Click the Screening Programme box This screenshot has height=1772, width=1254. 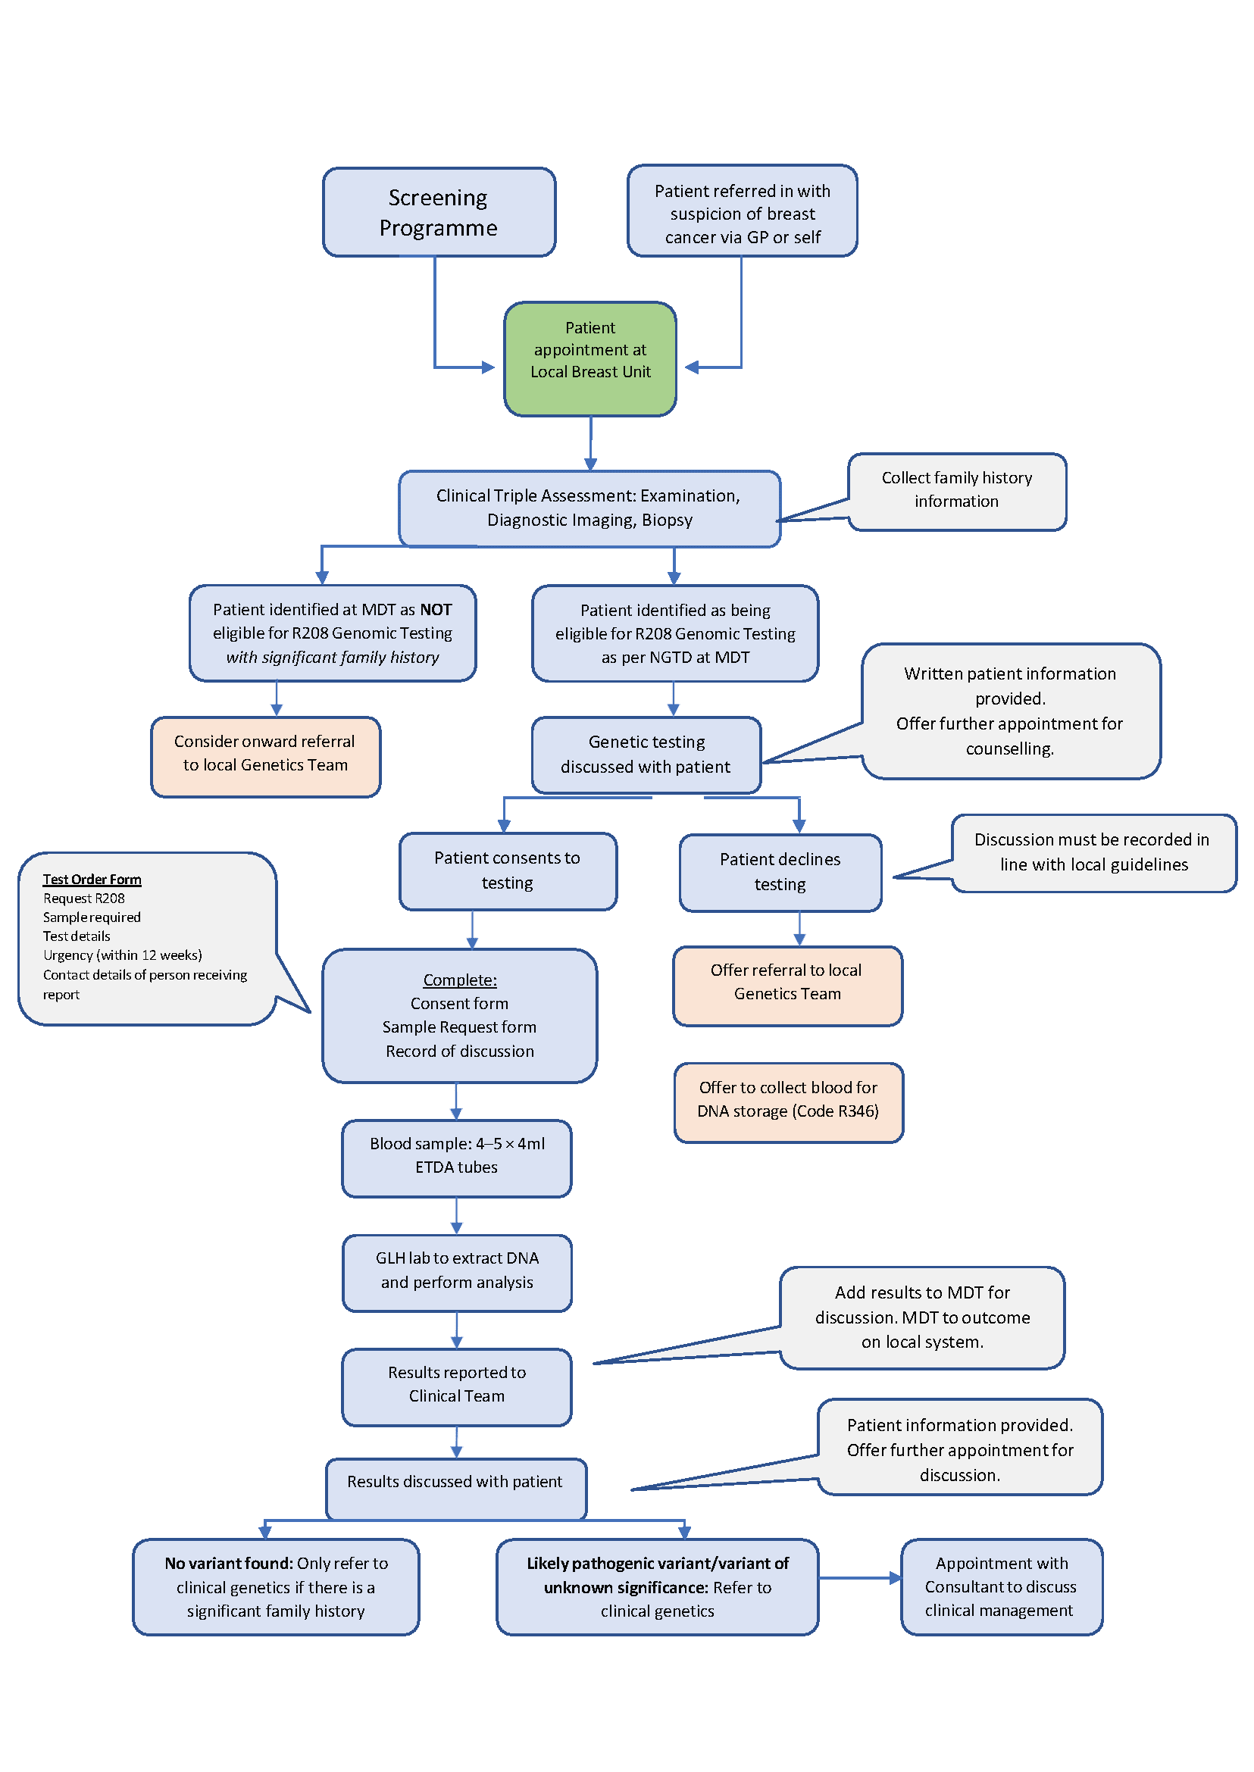tap(439, 211)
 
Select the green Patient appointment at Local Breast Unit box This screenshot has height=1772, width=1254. tap(590, 358)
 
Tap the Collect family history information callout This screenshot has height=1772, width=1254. tap(957, 490)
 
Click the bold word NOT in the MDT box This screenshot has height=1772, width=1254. tap(436, 609)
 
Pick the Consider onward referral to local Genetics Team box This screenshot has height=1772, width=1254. tap(265, 756)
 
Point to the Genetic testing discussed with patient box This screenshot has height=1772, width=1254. tap(646, 755)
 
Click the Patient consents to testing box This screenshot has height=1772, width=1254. tap(508, 871)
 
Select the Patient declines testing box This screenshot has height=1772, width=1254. tap(780, 873)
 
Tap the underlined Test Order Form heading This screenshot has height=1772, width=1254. tap(92, 880)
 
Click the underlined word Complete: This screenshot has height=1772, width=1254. tap(459, 980)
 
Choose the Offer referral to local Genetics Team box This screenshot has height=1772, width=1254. tap(786, 985)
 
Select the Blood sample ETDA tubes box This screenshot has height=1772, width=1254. tap(456, 1157)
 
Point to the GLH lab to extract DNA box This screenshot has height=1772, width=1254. tap(456, 1272)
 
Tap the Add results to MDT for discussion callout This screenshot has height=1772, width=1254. tap(922, 1317)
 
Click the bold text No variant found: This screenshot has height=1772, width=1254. tap(229, 1564)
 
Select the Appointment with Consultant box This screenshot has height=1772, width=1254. tap(1001, 1586)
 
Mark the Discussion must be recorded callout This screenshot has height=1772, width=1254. tap(1093, 852)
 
